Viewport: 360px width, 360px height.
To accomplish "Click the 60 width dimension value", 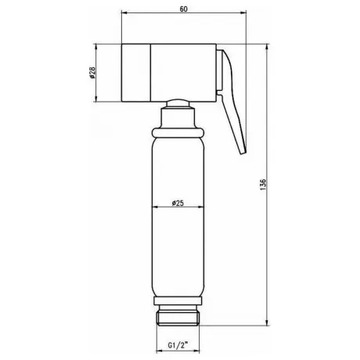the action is pos(183,9).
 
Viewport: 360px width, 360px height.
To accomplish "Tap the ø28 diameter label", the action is pos(92,73).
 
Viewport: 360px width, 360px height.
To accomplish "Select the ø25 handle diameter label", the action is pos(178,203).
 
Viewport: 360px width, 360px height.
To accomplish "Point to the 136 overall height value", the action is pos(263,185).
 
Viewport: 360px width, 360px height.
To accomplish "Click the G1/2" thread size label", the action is pos(178,346).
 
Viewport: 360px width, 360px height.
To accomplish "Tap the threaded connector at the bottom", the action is pos(178,318).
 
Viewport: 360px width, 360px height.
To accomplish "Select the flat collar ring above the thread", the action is pos(178,301).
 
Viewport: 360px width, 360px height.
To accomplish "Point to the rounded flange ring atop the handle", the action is pos(178,132).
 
